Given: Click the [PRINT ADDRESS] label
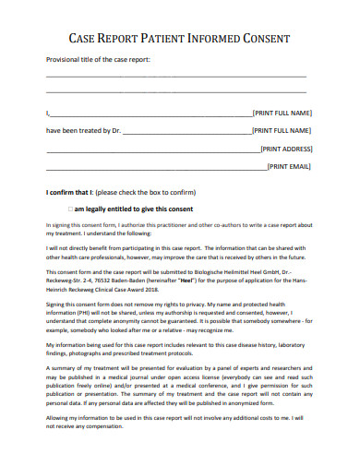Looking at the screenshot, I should click(286, 149).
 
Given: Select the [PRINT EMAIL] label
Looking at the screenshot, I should click(289, 167).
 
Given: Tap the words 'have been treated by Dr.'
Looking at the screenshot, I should click(83, 131).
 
